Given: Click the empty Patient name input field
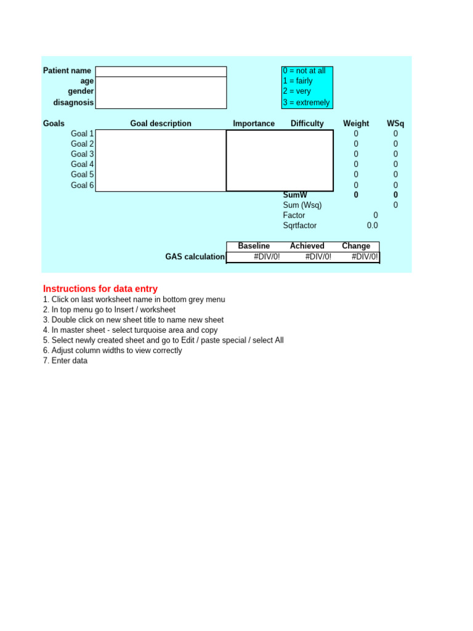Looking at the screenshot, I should tap(161, 71).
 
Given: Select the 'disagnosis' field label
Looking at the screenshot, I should tap(73, 103).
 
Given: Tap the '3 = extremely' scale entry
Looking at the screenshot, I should tap(306, 103).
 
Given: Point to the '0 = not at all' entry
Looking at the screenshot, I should tap(304, 71).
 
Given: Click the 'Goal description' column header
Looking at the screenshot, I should tap(161, 124).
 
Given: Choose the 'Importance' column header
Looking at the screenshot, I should tap(254, 124).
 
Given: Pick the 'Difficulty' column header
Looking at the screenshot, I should tap(307, 124).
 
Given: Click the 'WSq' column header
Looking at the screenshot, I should tap(395, 124).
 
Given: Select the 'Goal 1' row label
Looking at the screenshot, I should tap(83, 134).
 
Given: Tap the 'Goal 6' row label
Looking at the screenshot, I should tap(83, 185).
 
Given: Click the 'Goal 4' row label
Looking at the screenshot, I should tap(83, 165).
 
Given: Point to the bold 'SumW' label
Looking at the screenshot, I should tap(295, 195).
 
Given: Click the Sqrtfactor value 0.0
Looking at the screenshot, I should tap(373, 226).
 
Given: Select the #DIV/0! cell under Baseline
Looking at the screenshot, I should tap(267, 257).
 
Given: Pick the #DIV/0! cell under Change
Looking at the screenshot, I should tap(365, 257).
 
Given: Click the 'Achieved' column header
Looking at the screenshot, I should tap(307, 246).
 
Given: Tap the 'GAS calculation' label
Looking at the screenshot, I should tap(195, 257).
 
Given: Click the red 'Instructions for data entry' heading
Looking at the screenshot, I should tap(100, 289).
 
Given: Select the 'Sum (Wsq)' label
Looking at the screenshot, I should tap(302, 205).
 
